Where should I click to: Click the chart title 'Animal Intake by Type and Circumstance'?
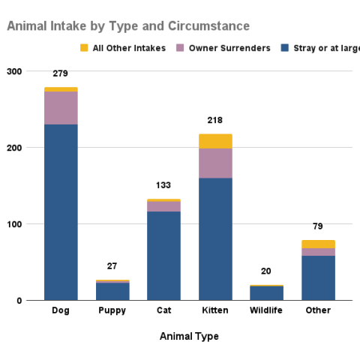click(128, 26)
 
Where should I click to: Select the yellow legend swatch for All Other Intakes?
click(84, 49)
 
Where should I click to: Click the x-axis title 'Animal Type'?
click(189, 336)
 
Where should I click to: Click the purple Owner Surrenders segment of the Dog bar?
click(61, 108)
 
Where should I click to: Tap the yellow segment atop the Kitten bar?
click(215, 141)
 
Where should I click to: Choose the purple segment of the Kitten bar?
click(215, 163)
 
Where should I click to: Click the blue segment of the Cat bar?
click(163, 256)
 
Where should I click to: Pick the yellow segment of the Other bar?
click(318, 244)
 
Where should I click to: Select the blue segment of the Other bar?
click(318, 278)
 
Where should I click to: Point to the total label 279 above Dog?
click(61, 74)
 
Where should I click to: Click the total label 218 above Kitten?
click(215, 120)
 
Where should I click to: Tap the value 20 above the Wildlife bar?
click(266, 271)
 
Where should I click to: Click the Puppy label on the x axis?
click(112, 310)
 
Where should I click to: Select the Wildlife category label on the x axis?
click(266, 310)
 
